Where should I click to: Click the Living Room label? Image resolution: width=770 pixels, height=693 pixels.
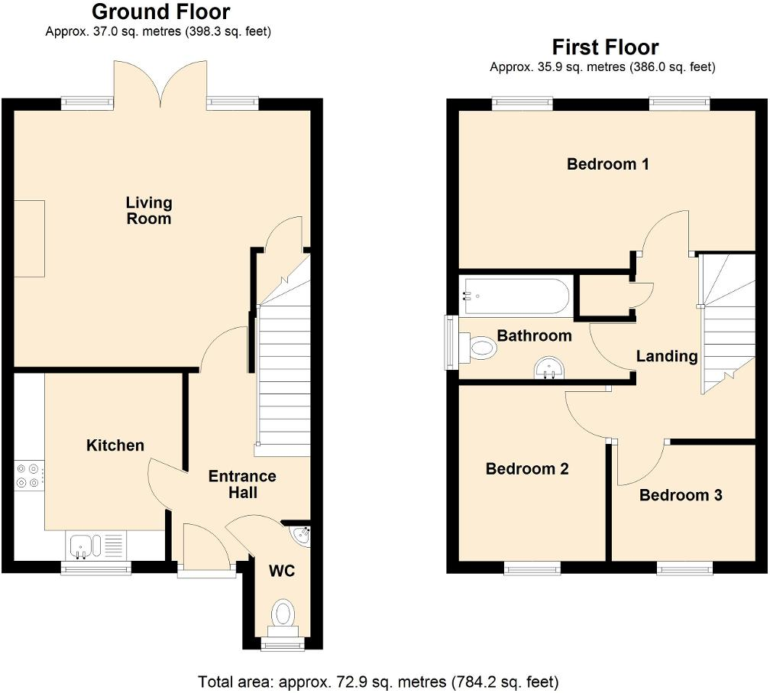[149, 211]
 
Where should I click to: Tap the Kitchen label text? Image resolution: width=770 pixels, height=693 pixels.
[115, 445]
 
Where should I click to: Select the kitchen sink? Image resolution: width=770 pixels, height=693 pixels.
[82, 546]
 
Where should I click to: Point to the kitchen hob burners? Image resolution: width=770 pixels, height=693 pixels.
[27, 475]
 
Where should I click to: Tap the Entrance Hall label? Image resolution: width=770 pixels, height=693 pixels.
[242, 484]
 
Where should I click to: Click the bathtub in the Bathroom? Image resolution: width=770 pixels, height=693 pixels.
[516, 296]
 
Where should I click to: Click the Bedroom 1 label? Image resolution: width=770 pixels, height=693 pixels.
[607, 164]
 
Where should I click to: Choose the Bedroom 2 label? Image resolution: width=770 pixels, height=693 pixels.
[527, 469]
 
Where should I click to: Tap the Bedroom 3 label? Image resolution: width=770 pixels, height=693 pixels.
[680, 495]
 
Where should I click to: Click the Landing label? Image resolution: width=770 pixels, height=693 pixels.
[667, 356]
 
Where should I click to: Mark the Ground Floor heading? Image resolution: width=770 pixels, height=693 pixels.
[160, 12]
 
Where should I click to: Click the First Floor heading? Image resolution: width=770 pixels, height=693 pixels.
[605, 47]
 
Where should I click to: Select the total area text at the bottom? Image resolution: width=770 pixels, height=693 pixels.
[378, 681]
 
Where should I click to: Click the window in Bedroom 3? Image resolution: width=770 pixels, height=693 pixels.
[685, 568]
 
